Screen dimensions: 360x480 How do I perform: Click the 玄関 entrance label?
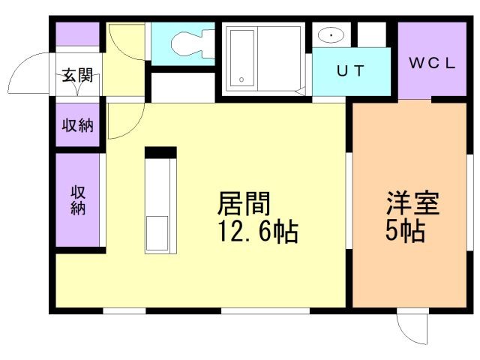(76, 76)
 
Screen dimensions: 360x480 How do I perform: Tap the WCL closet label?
(431, 64)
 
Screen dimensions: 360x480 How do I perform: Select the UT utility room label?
(350, 72)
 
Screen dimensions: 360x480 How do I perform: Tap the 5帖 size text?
(405, 232)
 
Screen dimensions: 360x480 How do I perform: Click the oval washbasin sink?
(331, 35)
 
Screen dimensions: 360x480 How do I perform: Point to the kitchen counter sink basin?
(159, 233)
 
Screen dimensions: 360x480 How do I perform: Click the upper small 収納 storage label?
(77, 124)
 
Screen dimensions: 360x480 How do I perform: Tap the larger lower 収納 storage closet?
(78, 199)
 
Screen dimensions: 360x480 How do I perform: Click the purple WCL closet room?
(431, 60)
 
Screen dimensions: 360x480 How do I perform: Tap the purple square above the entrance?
(78, 34)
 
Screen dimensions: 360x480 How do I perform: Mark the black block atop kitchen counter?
(160, 152)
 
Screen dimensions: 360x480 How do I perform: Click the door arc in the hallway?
(124, 43)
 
